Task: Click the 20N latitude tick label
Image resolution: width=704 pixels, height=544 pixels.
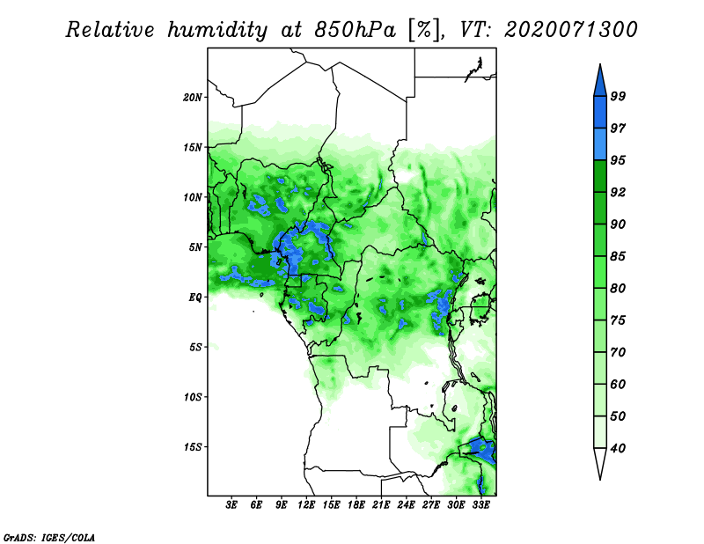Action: click(193, 97)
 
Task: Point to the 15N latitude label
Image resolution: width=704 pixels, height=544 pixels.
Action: click(193, 147)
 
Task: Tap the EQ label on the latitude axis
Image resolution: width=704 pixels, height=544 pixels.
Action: click(195, 298)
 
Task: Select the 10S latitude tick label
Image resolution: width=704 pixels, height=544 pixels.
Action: click(193, 397)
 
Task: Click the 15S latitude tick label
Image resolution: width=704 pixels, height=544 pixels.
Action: click(193, 447)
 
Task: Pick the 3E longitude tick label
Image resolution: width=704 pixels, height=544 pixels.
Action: click(231, 505)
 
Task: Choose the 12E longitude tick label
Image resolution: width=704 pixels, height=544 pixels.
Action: click(306, 505)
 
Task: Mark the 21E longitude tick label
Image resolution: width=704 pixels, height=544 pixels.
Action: click(381, 505)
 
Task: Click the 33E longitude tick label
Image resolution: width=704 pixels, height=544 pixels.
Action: click(480, 505)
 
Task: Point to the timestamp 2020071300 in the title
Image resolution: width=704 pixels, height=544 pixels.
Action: click(571, 30)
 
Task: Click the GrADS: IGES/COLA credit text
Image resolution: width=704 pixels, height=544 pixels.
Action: click(48, 536)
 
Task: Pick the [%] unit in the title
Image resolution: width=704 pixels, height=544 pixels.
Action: click(424, 30)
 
